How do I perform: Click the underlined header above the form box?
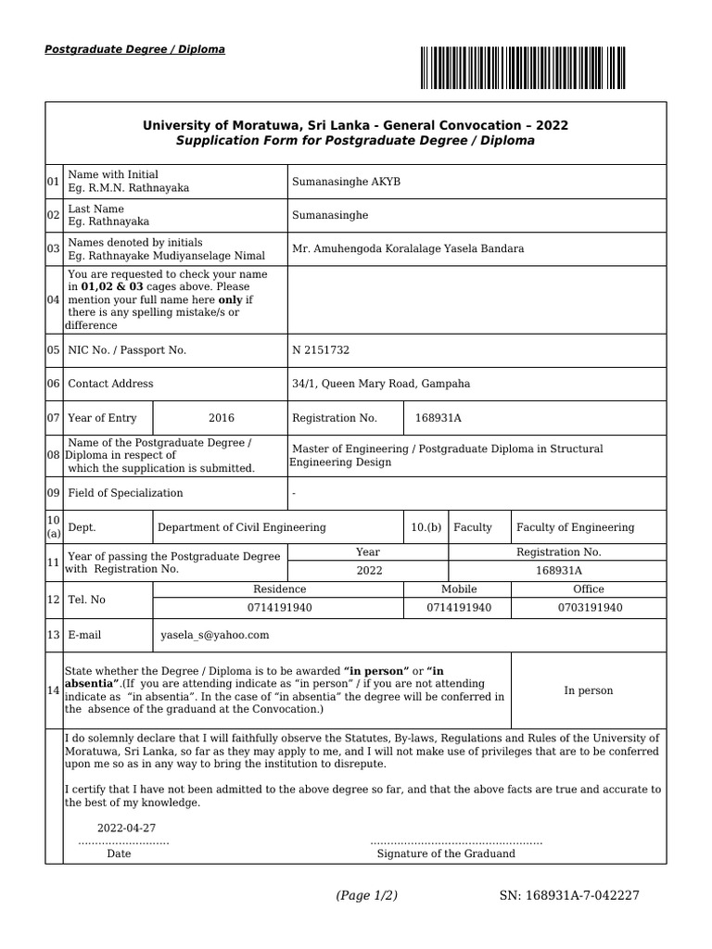tap(134, 49)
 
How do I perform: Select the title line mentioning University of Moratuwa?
tap(355, 125)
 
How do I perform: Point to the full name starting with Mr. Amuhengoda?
tap(408, 248)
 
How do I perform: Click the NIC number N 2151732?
tap(321, 350)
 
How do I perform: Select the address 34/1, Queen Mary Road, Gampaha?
tap(381, 384)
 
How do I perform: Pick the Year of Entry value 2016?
tap(221, 418)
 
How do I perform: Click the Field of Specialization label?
tap(125, 493)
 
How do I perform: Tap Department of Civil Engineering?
tap(241, 527)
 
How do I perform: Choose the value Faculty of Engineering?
tap(575, 527)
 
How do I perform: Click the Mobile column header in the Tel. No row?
tap(459, 589)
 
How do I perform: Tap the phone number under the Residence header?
tap(279, 608)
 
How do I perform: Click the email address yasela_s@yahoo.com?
tap(214, 635)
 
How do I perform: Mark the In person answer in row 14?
tap(588, 690)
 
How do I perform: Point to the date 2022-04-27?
tap(126, 829)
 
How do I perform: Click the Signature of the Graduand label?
tap(446, 854)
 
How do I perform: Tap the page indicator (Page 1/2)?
tap(366, 895)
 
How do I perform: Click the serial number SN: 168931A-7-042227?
tap(569, 895)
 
